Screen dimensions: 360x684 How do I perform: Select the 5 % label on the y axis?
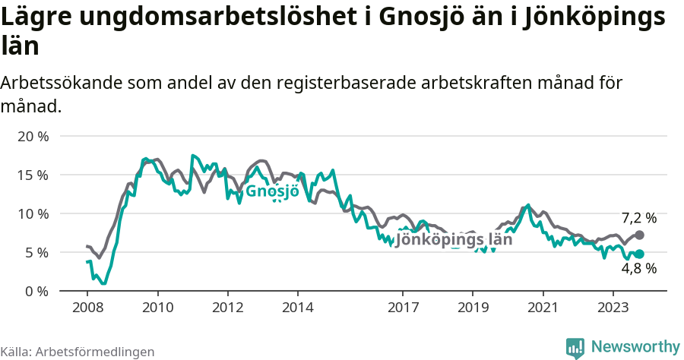pyautogui.click(x=36, y=252)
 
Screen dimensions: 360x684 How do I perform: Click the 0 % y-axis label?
pyautogui.click(x=36, y=291)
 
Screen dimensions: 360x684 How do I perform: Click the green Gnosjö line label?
pyautogui.click(x=272, y=191)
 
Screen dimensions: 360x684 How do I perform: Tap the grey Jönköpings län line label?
pyautogui.click(x=454, y=239)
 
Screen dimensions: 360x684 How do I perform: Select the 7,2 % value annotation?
pyautogui.click(x=639, y=218)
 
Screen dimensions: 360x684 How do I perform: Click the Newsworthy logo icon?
pyautogui.click(x=575, y=348)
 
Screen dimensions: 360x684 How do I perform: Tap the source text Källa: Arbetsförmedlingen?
pyautogui.click(x=78, y=352)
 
